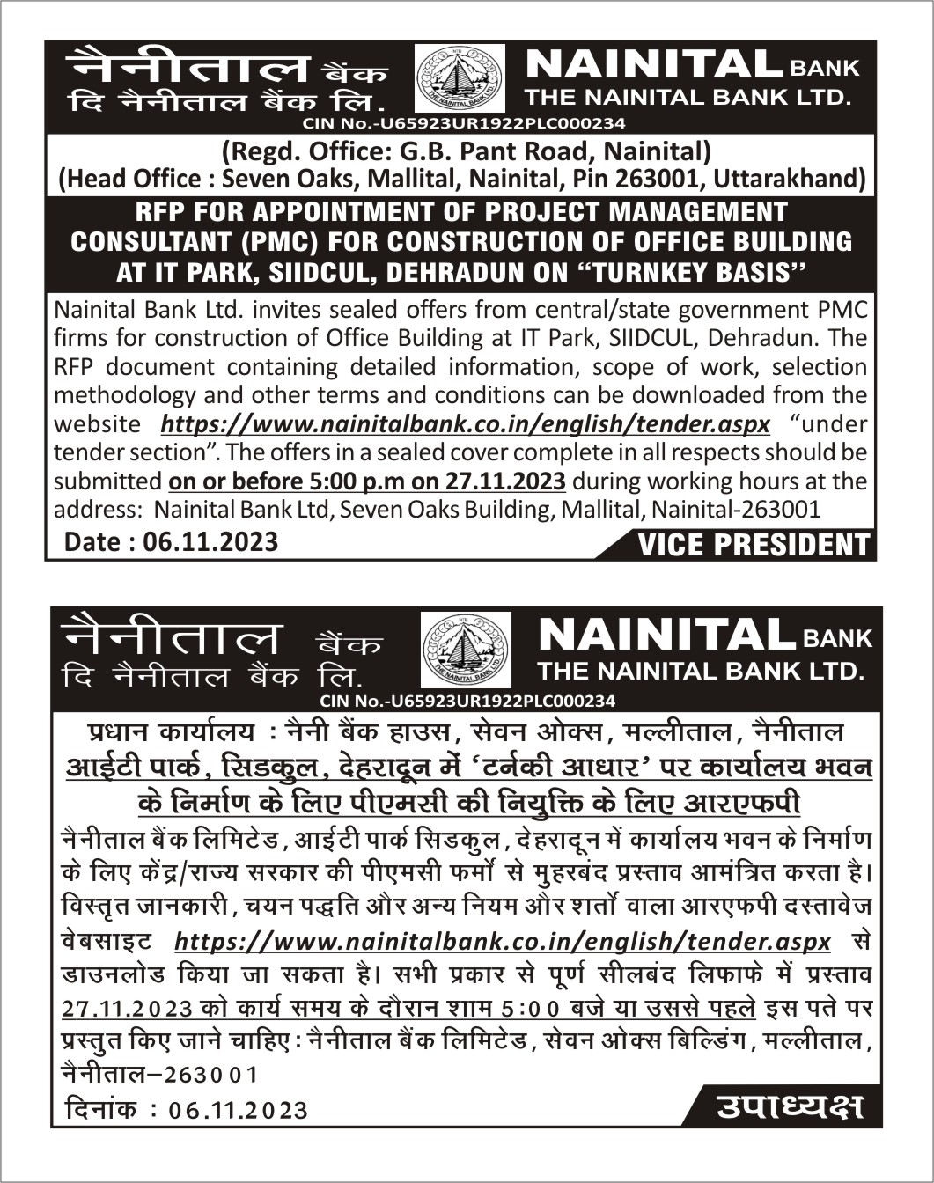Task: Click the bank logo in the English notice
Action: pos(460,79)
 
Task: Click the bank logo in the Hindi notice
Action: pos(466,650)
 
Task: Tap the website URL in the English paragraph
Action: pos(465,424)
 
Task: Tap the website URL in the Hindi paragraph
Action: pos(502,941)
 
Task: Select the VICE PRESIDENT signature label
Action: pos(754,545)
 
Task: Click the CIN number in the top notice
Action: pos(464,124)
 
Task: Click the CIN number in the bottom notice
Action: pos(467,702)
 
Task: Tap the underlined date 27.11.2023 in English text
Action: pos(512,481)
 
